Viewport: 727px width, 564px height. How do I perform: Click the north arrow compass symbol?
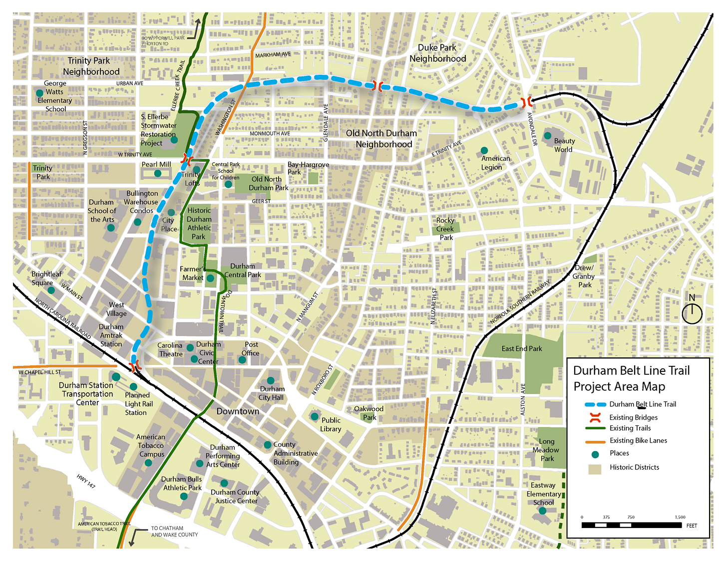(x=692, y=313)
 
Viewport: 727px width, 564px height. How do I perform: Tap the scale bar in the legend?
(x=632, y=525)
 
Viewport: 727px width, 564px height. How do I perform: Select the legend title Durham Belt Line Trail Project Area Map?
(x=632, y=378)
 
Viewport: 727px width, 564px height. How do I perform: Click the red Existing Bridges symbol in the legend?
(x=595, y=417)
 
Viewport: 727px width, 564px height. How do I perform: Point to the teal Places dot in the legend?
(x=595, y=454)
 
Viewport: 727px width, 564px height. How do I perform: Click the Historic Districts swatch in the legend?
(x=595, y=469)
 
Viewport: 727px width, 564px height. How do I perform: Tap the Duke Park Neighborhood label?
(x=437, y=53)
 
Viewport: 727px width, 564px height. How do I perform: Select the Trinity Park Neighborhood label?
(x=90, y=66)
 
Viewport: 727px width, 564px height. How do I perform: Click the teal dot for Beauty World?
(x=547, y=136)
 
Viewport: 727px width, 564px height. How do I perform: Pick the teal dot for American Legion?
(x=484, y=151)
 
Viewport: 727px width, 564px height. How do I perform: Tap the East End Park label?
(x=521, y=349)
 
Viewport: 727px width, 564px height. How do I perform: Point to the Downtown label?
(x=238, y=411)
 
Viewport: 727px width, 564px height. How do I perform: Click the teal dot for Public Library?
(x=315, y=416)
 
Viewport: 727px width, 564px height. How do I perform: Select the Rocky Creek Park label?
(x=445, y=229)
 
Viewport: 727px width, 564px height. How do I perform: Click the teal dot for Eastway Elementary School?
(x=542, y=511)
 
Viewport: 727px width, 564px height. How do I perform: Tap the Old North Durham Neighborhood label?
(x=382, y=139)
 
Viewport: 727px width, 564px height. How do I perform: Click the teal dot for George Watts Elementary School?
(x=39, y=93)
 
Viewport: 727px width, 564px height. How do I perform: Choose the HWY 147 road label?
(x=86, y=481)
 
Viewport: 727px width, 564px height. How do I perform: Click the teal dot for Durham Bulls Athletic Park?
(x=184, y=497)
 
